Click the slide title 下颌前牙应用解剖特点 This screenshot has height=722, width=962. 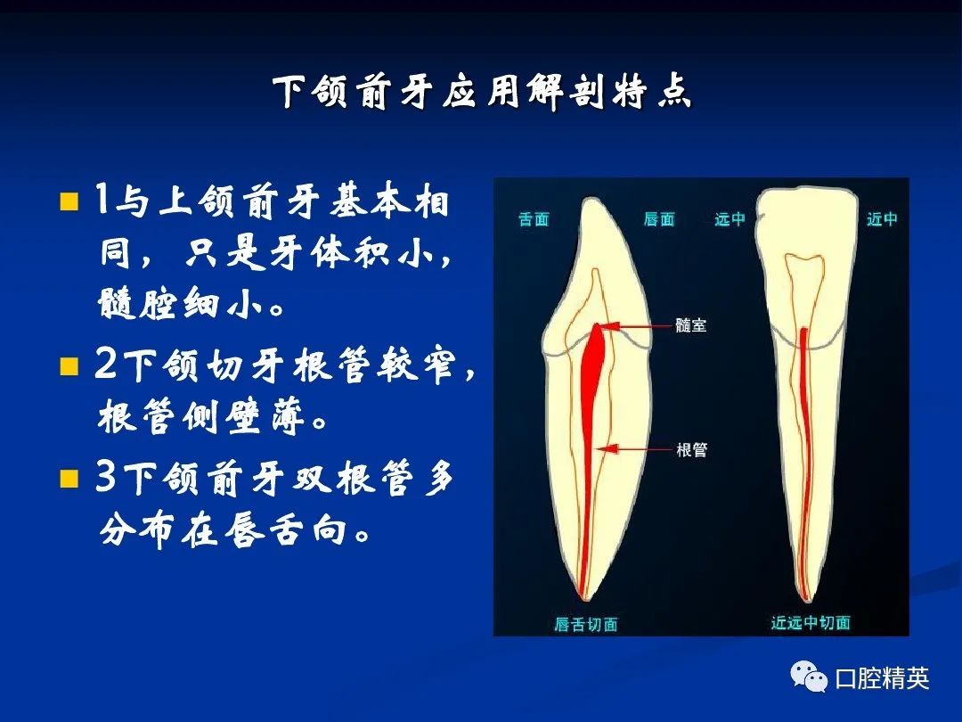pos(483,93)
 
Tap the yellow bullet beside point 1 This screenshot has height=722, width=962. pos(69,201)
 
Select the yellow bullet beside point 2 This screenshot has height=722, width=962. pos(69,366)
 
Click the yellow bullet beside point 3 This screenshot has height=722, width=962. pos(69,478)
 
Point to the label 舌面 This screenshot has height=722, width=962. pos(534,219)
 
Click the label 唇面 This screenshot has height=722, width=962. pos(659,219)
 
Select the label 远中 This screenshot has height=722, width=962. pos(730,219)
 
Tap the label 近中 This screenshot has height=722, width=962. pos(882,219)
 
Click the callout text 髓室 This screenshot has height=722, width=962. pos(691,324)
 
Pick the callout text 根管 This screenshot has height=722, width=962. pos(691,450)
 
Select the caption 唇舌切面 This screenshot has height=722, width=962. pos(586,624)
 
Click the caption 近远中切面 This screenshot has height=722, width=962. pos(811,622)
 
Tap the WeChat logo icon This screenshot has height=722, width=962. pos(809,677)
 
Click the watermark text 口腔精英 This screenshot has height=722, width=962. pos(882,678)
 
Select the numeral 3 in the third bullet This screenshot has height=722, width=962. pos(105,476)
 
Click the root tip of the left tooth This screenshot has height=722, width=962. pos(584,599)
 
